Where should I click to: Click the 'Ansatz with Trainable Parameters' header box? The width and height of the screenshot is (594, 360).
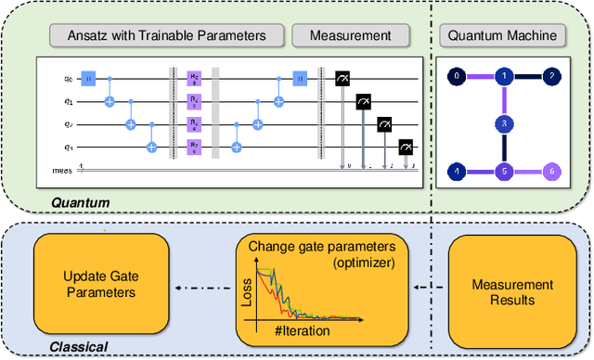coord(167,36)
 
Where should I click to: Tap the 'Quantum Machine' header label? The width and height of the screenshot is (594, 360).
coord(502,36)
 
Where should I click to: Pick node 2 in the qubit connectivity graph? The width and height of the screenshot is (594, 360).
coord(551,75)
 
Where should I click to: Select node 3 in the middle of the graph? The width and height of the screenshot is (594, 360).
coord(502,122)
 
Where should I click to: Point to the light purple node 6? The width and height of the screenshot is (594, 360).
coord(551,171)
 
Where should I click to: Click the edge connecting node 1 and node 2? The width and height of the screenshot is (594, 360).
coord(527,75)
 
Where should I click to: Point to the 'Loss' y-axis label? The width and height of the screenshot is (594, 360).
coord(245,294)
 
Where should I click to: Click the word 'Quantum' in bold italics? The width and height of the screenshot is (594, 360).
coord(80,202)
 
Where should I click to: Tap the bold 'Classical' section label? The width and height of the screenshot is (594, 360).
coord(78,347)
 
